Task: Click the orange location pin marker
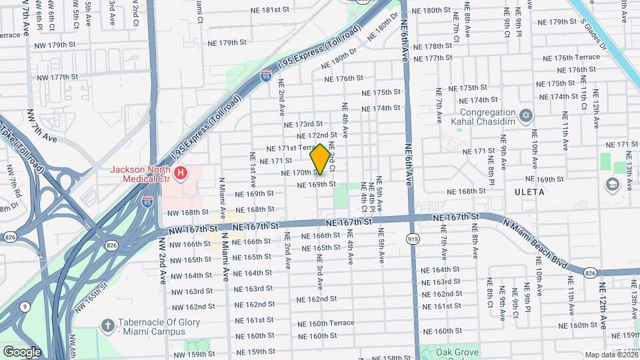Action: [320, 159]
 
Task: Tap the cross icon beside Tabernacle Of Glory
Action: [107, 326]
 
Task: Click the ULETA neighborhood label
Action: [530, 192]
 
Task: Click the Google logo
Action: [22, 351]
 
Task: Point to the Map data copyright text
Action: [610, 354]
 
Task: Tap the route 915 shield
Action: [413, 238]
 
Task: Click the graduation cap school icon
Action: [612, 183]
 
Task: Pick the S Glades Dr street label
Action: [593, 34]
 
